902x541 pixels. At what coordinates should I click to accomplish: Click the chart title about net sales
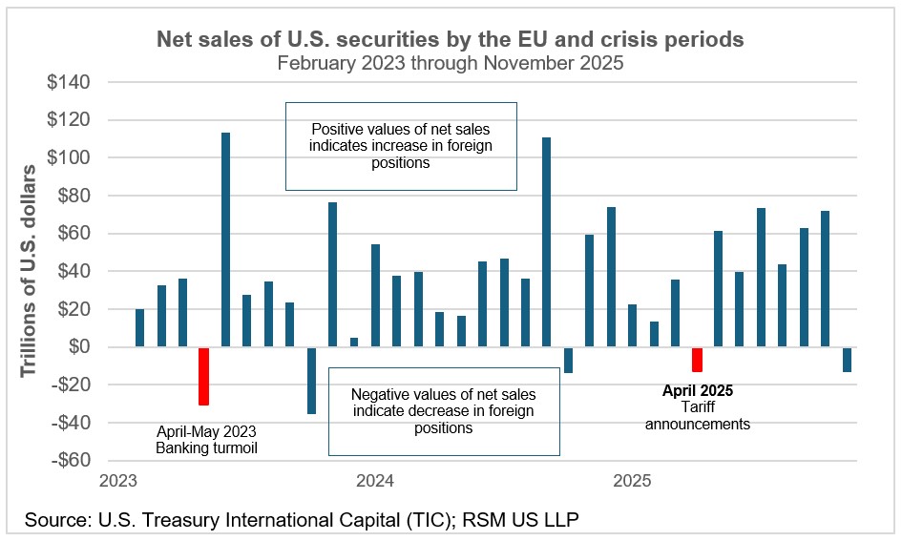tap(451, 40)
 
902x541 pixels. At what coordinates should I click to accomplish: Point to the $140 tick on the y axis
tap(70, 82)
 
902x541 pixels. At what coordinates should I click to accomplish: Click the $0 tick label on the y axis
tap(81, 347)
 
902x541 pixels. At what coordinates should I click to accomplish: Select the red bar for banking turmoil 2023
tap(203, 376)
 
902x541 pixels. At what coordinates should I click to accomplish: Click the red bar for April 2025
tap(697, 360)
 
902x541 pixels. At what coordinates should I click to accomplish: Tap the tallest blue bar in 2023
tap(225, 239)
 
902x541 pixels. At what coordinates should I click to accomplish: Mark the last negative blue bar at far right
tap(847, 360)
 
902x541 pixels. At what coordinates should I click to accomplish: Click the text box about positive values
tap(401, 146)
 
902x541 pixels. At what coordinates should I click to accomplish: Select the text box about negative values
tap(443, 411)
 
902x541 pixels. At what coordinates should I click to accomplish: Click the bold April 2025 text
tap(697, 390)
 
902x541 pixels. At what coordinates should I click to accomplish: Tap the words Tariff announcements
tap(697, 415)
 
